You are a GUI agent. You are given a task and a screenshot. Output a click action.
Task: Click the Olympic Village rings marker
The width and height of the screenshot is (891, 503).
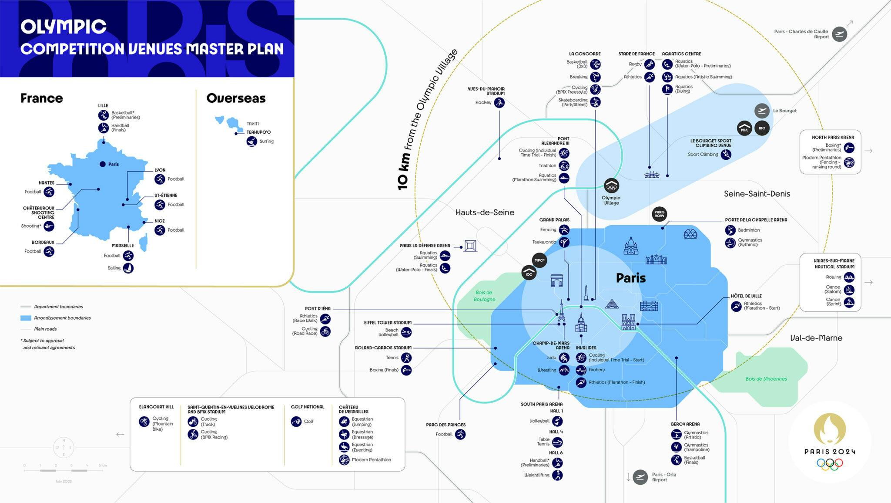[x=612, y=186]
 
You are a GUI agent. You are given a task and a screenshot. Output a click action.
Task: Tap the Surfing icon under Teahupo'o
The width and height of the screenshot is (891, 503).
[x=252, y=142]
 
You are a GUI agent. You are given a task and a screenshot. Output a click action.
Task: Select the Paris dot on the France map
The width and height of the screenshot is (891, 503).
[x=103, y=164]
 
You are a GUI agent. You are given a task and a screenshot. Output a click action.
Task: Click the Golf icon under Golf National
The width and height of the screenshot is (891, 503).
[x=296, y=422]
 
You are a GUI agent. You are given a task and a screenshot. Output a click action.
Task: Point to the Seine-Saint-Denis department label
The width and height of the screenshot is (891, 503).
[x=757, y=194]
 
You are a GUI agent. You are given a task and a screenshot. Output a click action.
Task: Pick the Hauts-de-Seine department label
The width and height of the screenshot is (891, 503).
[x=485, y=213]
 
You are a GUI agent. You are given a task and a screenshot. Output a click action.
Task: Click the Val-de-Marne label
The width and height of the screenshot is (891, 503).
[x=816, y=338]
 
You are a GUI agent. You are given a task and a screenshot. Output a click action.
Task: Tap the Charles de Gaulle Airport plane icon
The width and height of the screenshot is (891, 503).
[x=839, y=34]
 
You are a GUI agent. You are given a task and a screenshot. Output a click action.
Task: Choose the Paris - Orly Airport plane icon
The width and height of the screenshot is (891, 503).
[x=640, y=477]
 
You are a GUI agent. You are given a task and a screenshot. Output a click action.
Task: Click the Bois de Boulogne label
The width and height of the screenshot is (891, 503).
[x=484, y=296]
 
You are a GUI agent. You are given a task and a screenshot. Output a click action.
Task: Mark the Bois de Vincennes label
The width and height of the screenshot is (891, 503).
[x=766, y=379]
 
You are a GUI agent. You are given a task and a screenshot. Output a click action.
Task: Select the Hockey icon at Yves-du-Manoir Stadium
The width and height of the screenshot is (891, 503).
[x=499, y=103]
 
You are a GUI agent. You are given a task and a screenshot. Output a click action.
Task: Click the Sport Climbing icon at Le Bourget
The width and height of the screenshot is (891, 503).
[x=726, y=155]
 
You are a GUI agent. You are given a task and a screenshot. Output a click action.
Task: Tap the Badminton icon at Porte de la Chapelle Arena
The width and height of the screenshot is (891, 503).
[x=730, y=230]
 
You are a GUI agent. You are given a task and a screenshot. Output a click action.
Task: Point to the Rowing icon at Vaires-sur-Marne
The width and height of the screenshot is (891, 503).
[x=849, y=277]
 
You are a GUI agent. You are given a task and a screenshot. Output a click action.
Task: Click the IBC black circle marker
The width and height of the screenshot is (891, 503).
[x=762, y=128]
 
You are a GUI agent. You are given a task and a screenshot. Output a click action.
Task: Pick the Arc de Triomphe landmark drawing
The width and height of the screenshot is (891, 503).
[x=557, y=280]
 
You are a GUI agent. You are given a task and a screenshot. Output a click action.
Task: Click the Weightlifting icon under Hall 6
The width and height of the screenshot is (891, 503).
[x=557, y=475]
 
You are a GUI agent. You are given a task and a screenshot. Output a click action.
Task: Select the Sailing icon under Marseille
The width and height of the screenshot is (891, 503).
[x=128, y=268]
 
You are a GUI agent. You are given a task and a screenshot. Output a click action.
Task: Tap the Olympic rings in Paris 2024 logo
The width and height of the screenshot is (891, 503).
[x=830, y=465]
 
